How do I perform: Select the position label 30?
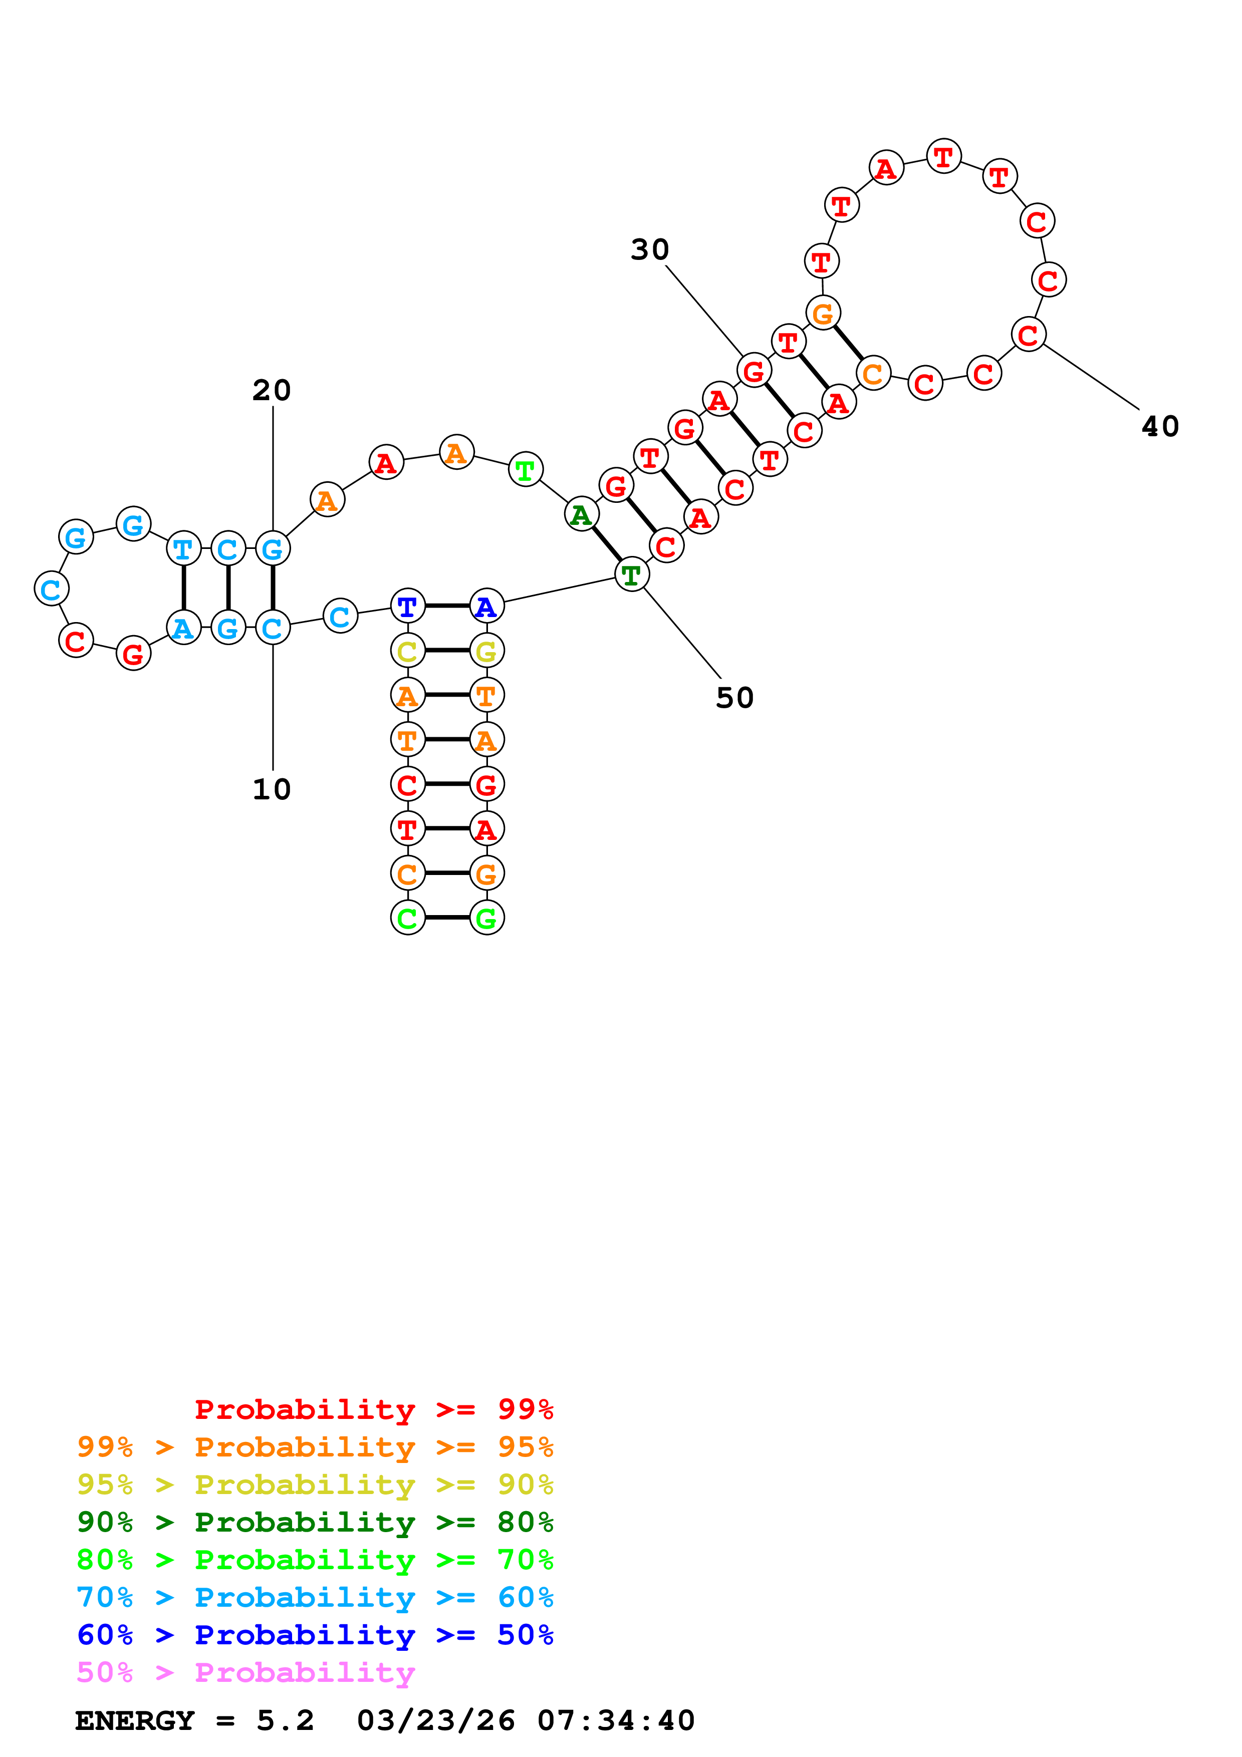650,249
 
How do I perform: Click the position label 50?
734,698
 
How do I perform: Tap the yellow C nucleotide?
407,651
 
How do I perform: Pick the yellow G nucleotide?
486,651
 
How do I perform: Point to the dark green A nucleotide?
582,514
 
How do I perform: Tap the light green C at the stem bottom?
407,918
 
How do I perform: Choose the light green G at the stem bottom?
486,918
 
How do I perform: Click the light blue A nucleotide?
183,628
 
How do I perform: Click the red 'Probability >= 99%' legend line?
373,1409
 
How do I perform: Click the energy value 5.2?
285,1720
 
